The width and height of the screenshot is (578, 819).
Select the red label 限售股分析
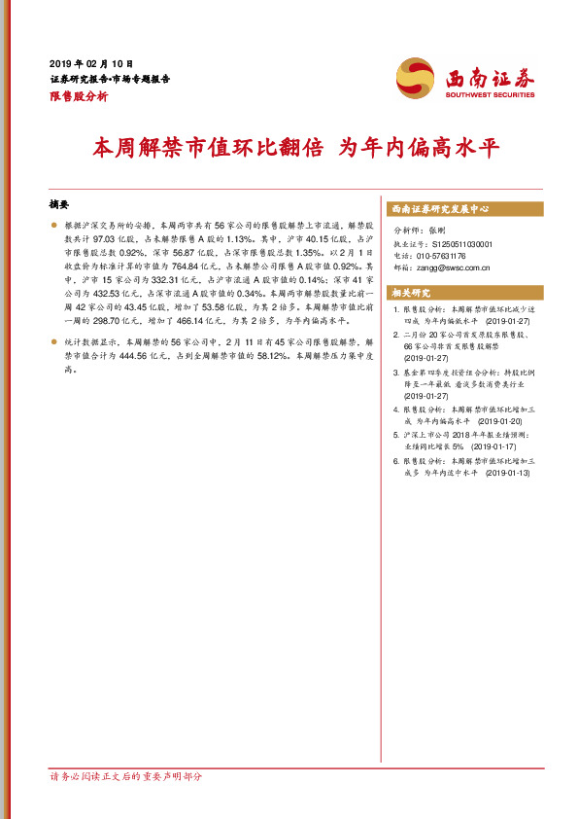pyautogui.click(x=78, y=96)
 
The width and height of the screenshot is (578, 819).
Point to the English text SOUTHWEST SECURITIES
pyautogui.click(x=490, y=95)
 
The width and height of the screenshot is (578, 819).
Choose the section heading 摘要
pyautogui.click(x=58, y=205)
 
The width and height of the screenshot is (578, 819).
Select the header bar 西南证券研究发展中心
pyautogui.click(x=440, y=209)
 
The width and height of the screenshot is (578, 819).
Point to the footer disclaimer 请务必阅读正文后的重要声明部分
pyautogui.click(x=125, y=775)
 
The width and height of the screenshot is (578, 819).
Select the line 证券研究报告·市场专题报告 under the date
pyautogui.click(x=109, y=78)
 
